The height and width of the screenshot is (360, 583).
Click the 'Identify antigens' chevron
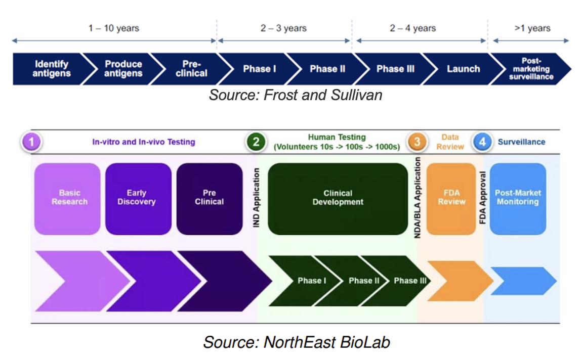coord(51,69)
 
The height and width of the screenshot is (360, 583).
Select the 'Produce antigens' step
coord(123,69)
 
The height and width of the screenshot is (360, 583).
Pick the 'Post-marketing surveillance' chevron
coord(531,69)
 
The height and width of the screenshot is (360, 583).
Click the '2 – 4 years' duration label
coord(413,28)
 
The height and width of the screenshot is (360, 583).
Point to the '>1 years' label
coord(532,28)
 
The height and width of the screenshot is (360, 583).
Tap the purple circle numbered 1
coord(31,142)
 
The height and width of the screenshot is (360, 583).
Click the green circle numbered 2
coord(256,142)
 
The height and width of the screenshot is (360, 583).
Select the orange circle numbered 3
coord(417,142)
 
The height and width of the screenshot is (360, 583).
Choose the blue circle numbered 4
coord(482,142)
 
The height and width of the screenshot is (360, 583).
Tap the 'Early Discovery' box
coord(137,198)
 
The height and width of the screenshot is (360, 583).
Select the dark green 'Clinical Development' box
coord(338,198)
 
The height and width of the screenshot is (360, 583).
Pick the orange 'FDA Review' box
coord(451,198)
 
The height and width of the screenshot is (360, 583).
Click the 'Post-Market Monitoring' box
coord(517,198)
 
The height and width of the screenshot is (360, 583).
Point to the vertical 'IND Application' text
coord(257,198)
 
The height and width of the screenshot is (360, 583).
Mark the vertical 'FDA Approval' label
coord(482,198)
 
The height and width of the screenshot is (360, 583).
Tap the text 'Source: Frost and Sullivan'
coord(296,95)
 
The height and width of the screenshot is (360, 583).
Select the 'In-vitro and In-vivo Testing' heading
coord(144,142)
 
